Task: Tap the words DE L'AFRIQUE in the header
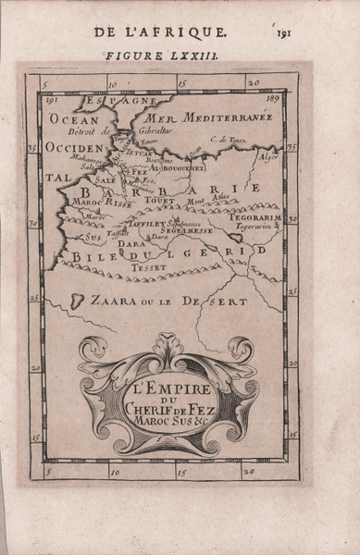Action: [x=154, y=32]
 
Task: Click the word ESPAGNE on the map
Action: [x=109, y=99]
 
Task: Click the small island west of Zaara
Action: [x=80, y=298]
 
